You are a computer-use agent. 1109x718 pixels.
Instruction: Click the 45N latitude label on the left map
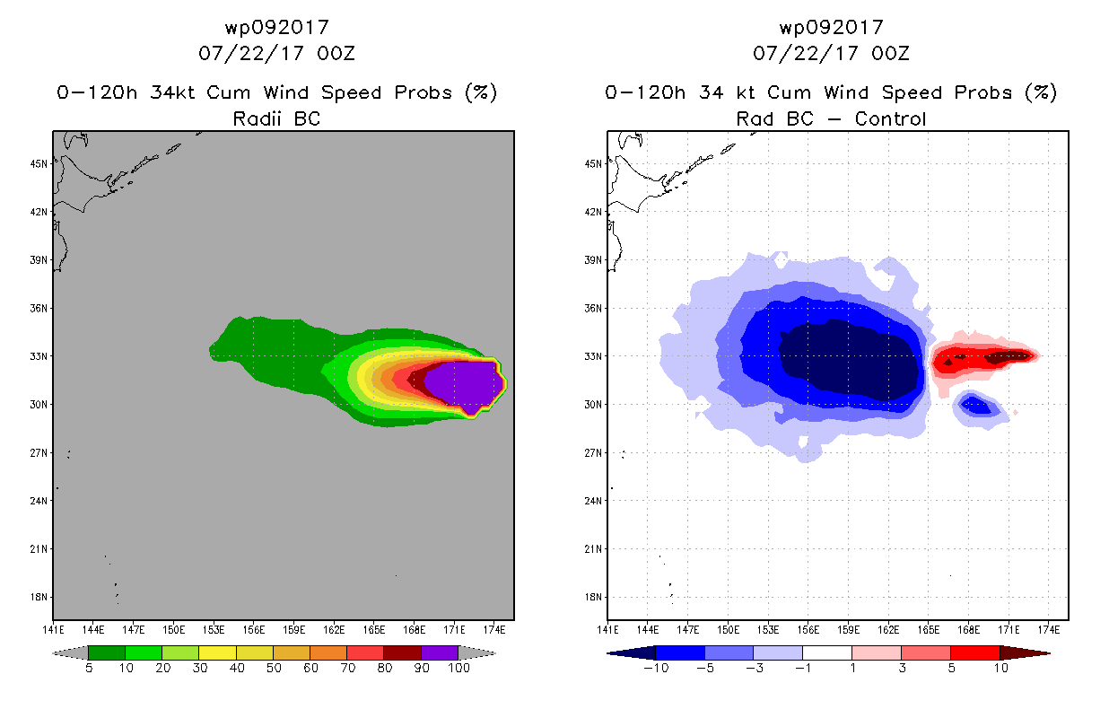click(x=39, y=164)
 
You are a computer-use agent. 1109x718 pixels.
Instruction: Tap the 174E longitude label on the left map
click(x=494, y=630)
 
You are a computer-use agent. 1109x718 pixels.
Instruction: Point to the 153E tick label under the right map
click(x=768, y=630)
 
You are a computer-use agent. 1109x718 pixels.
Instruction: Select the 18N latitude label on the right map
click(x=593, y=597)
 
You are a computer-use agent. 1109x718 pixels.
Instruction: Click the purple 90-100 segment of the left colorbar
click(x=440, y=652)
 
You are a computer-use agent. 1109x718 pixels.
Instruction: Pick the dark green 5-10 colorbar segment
click(x=107, y=652)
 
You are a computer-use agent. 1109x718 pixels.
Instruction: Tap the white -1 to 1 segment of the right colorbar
click(x=826, y=652)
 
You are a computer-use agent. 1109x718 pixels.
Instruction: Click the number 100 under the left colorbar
click(x=458, y=668)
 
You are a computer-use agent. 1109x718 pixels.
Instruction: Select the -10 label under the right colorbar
click(x=656, y=668)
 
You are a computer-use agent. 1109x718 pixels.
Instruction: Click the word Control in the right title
click(x=890, y=118)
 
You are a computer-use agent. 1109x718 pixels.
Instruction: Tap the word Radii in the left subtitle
click(x=257, y=118)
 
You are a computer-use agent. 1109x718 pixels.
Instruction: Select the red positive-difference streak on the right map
click(x=982, y=358)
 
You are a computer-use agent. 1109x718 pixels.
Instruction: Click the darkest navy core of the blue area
click(x=849, y=359)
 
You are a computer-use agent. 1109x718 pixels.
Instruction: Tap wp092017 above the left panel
click(x=277, y=28)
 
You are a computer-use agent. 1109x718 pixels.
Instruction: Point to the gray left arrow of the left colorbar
click(x=70, y=652)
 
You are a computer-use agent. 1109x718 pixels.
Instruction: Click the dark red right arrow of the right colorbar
click(x=1025, y=652)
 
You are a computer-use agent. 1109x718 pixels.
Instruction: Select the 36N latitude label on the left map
click(x=39, y=309)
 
